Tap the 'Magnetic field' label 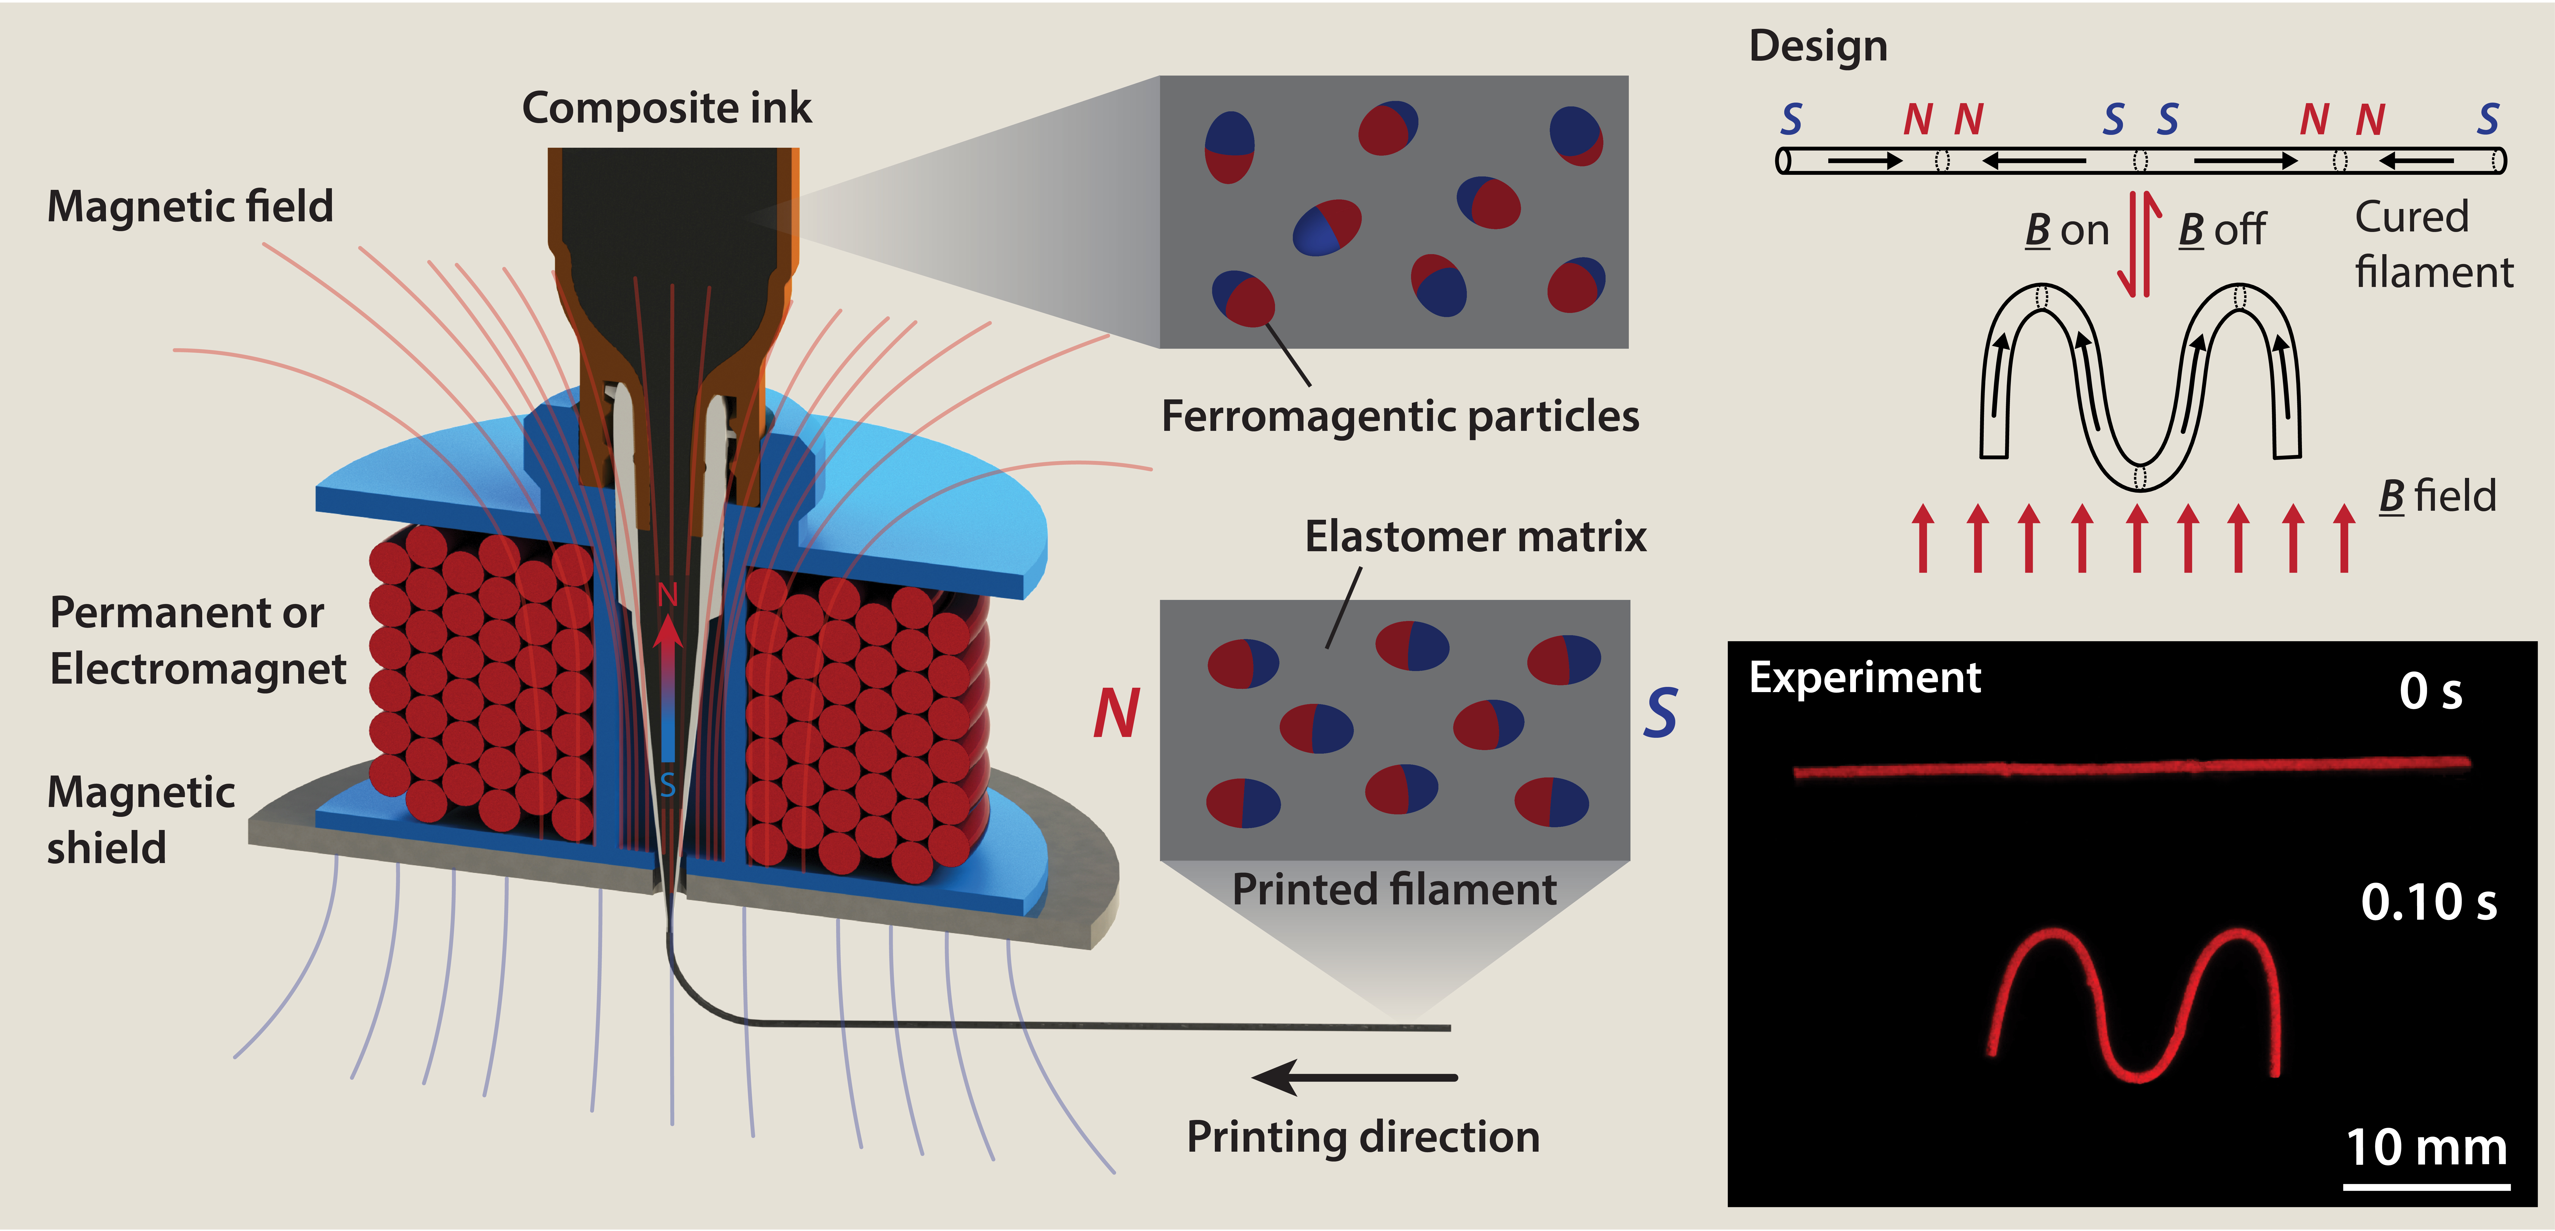pyautogui.click(x=190, y=206)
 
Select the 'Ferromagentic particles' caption pyautogui.click(x=1400, y=417)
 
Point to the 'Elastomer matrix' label pyautogui.click(x=1475, y=537)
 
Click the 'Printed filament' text pyautogui.click(x=1394, y=890)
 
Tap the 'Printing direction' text pyautogui.click(x=1363, y=1137)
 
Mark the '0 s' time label pyautogui.click(x=2430, y=691)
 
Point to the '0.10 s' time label pyautogui.click(x=2428, y=902)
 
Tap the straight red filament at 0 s pyautogui.click(x=2133, y=768)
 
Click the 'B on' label pyautogui.click(x=2067, y=230)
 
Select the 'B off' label pyautogui.click(x=2222, y=230)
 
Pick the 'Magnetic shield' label pyautogui.click(x=141, y=819)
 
